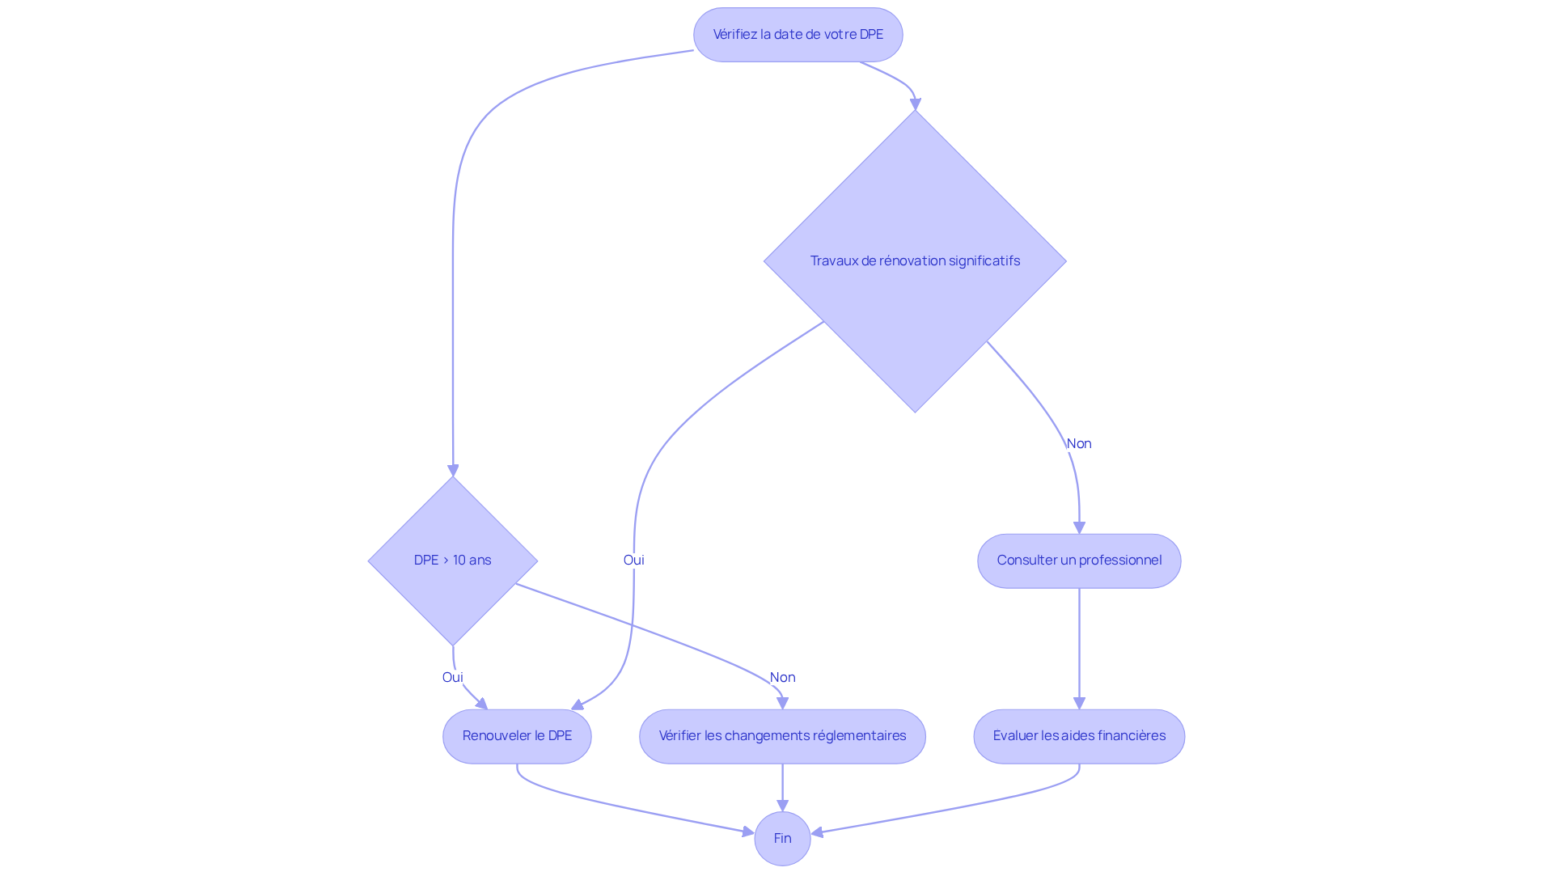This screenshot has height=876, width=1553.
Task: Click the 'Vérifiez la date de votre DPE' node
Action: tap(798, 35)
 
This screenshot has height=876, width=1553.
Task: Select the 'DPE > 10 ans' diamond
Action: tap(452, 561)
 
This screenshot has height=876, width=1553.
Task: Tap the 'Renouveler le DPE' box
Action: tap(517, 736)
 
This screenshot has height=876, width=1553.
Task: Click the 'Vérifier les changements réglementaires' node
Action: tap(782, 736)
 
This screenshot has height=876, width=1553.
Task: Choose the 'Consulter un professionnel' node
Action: tap(1079, 561)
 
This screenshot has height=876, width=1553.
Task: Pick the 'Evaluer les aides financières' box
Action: tap(1079, 736)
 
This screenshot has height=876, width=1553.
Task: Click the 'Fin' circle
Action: tap(782, 839)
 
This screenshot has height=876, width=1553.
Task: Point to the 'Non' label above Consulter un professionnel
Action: tap(1079, 444)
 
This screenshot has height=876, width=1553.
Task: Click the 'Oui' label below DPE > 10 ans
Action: tap(452, 678)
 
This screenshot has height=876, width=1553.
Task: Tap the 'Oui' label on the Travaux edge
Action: tap(633, 561)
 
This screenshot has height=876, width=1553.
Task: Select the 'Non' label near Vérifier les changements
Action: tap(782, 678)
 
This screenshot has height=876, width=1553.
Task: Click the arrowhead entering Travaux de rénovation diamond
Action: tap(916, 104)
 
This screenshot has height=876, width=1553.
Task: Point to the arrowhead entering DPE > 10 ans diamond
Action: tap(453, 471)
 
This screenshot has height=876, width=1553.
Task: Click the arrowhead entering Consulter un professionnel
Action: tap(1079, 527)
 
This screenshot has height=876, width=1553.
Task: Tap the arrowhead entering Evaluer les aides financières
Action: tap(1079, 704)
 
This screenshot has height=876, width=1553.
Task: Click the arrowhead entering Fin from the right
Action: tap(818, 832)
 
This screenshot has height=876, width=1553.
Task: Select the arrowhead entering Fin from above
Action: tap(782, 806)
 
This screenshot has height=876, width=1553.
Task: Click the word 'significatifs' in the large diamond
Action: tap(984, 261)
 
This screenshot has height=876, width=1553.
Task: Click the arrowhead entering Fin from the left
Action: tap(748, 832)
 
